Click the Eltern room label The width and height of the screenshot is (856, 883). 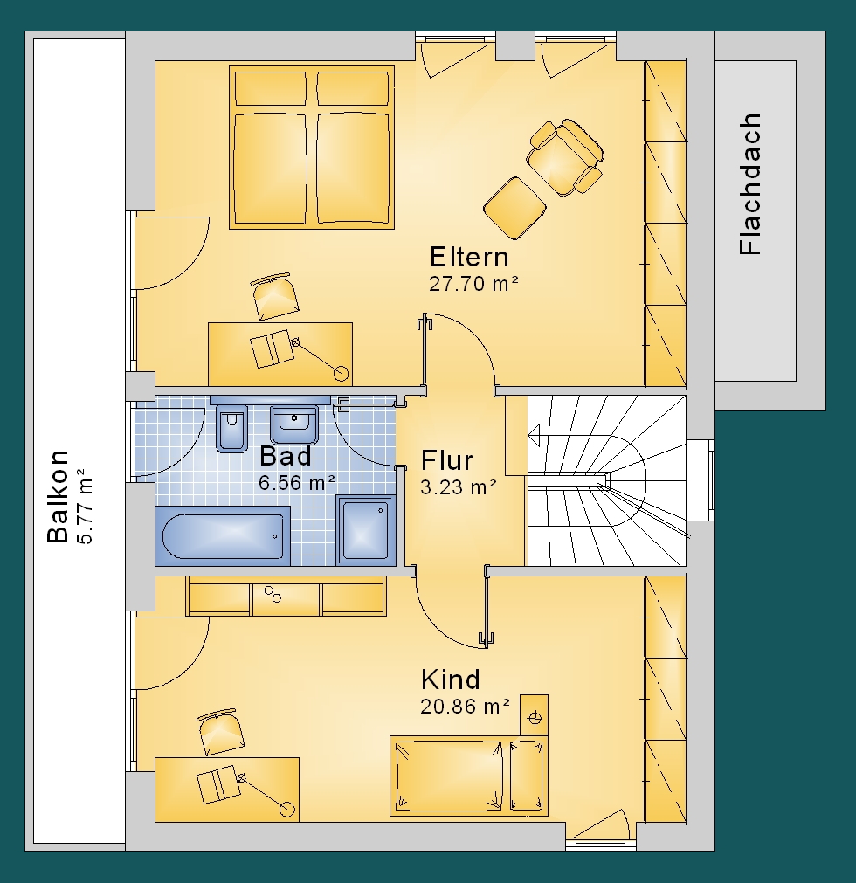[469, 258]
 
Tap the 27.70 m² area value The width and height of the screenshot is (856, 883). [473, 283]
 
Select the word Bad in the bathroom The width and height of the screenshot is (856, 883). [286, 456]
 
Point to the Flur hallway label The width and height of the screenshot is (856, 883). [447, 460]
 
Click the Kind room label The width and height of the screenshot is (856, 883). [451, 679]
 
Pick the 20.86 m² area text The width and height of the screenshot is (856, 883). [466, 707]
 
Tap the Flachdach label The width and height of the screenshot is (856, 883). [750, 184]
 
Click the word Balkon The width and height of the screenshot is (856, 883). [58, 496]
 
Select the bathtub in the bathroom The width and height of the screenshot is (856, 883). [223, 535]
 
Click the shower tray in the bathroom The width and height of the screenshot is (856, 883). [366, 530]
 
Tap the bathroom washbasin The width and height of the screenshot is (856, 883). [294, 424]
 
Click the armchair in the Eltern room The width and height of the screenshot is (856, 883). [565, 157]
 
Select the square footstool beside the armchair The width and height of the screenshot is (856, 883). [514, 207]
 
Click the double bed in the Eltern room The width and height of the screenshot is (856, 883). [312, 147]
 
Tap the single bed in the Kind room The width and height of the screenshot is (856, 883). [468, 776]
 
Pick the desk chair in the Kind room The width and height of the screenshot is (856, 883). [221, 732]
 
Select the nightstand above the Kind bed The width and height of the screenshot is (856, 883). [534, 714]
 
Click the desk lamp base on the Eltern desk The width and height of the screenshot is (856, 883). [342, 373]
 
